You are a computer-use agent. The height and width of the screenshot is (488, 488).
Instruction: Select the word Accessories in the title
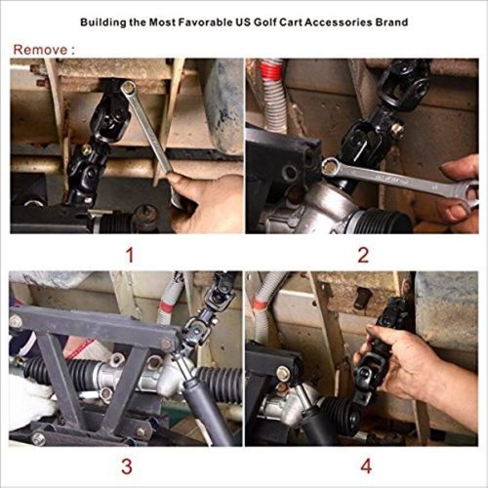click(331, 20)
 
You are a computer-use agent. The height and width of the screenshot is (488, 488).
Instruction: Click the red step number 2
click(362, 256)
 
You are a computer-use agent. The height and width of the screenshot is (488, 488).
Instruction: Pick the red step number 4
click(362, 467)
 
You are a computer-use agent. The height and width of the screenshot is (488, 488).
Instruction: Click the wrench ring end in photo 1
click(128, 90)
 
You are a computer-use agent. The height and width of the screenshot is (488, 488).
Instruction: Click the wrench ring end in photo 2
click(334, 168)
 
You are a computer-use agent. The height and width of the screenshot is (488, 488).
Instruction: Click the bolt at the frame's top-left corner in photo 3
click(16, 320)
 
